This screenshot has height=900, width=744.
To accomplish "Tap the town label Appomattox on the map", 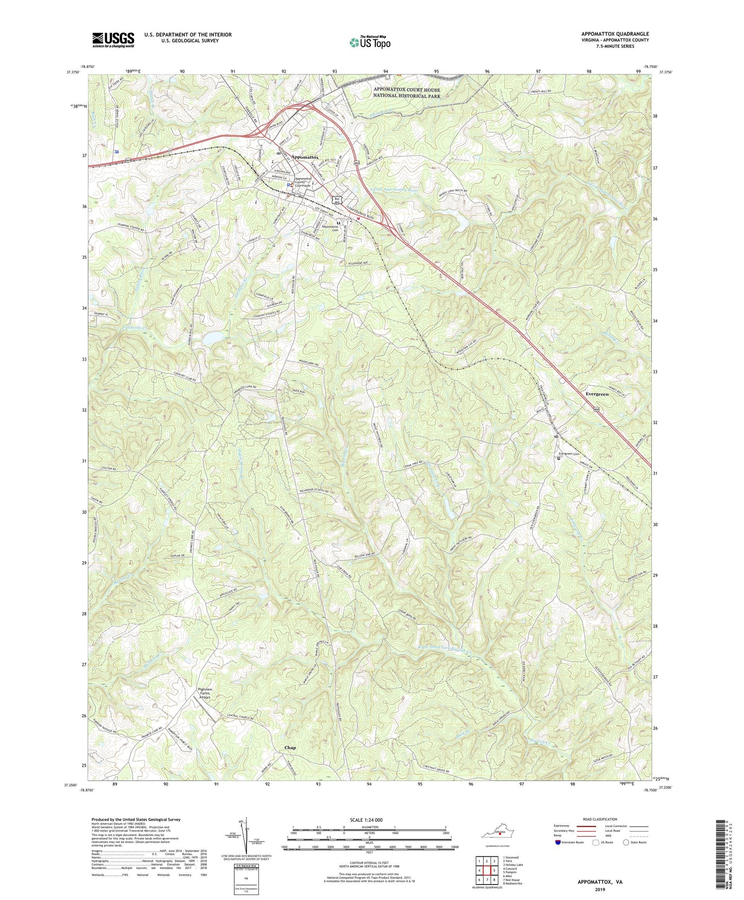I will click(305, 157).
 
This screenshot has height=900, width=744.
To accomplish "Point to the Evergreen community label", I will click(597, 394).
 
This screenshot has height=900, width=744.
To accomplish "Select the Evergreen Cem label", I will click(569, 454).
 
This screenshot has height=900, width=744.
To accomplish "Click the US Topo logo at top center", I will click(370, 43).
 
